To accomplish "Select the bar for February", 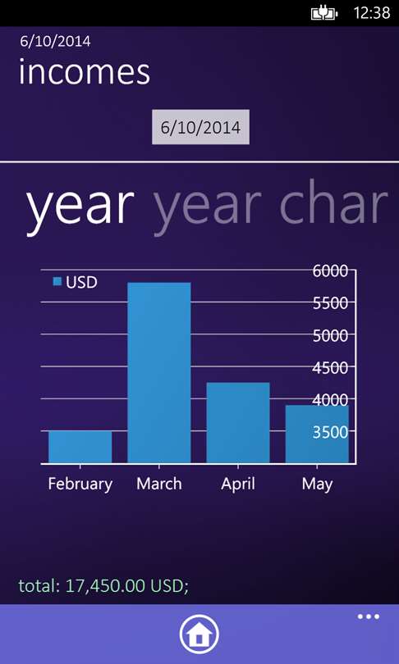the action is click(80, 447).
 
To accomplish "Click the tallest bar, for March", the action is click(159, 373).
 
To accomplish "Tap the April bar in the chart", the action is click(238, 423).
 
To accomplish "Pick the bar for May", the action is click(317, 434).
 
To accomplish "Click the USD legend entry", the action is click(75, 282).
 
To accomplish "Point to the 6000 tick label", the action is click(330, 271).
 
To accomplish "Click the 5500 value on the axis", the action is click(330, 303).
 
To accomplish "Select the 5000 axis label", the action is click(330, 335).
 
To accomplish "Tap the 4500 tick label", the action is click(330, 367).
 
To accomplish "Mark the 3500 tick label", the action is click(330, 432).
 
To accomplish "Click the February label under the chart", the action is click(80, 484).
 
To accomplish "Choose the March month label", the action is click(159, 484).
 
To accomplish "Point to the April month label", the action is click(238, 484).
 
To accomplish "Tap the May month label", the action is click(317, 484).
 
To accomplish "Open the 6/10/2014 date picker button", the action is click(200, 127).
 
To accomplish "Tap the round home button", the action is click(199, 634).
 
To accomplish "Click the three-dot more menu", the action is click(369, 616).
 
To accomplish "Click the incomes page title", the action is click(85, 72).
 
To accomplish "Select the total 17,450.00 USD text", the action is click(103, 585).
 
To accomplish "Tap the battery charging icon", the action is click(324, 14).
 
